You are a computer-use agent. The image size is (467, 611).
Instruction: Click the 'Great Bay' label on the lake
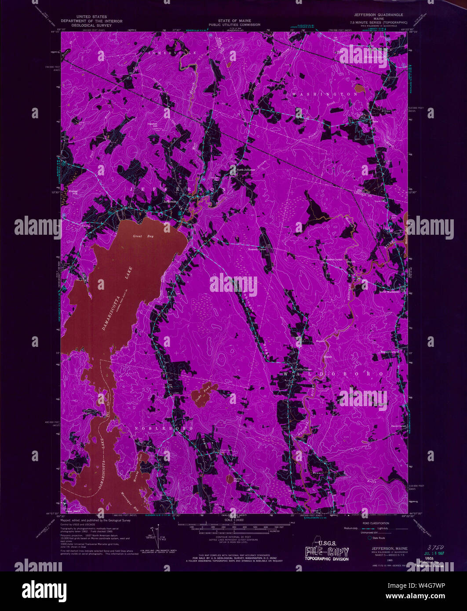142,236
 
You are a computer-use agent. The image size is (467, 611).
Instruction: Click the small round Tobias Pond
229,478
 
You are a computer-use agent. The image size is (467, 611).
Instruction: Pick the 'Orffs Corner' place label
303,370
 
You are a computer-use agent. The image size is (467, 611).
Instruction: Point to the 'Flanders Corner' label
333,260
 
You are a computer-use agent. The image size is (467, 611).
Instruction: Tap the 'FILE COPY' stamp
327,552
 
